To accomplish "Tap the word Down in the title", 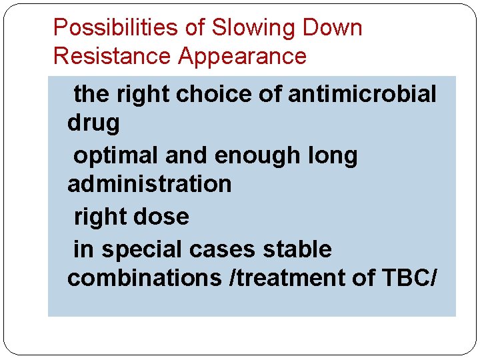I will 333,28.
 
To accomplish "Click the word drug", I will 93,123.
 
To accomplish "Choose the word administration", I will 149,183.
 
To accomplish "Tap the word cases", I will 220,249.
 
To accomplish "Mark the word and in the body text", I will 186,155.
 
